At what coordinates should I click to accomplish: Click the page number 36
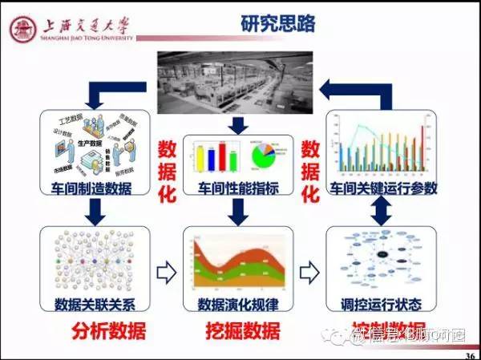tap(469, 354)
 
